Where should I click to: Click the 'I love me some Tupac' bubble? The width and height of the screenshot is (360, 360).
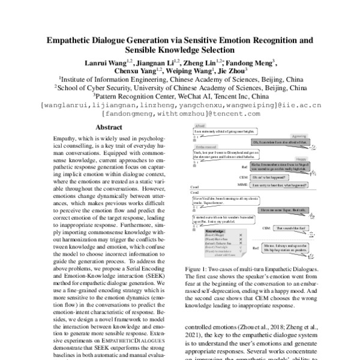284,210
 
